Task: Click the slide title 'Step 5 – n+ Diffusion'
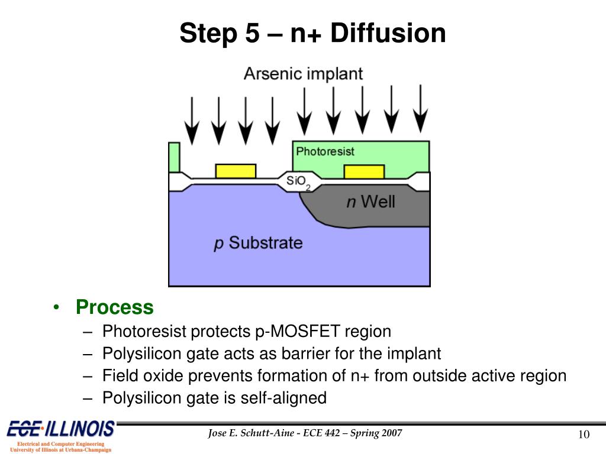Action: point(312,33)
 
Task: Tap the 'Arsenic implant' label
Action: point(303,74)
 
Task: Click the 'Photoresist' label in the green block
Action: point(325,151)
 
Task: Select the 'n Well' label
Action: point(370,202)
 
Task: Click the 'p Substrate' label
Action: point(258,242)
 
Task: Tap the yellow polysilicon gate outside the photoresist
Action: point(236,171)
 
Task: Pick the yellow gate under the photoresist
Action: point(364,171)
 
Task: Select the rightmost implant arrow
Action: point(420,109)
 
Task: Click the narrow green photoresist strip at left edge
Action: point(174,157)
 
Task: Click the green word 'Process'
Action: point(114,307)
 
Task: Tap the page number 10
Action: point(584,435)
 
